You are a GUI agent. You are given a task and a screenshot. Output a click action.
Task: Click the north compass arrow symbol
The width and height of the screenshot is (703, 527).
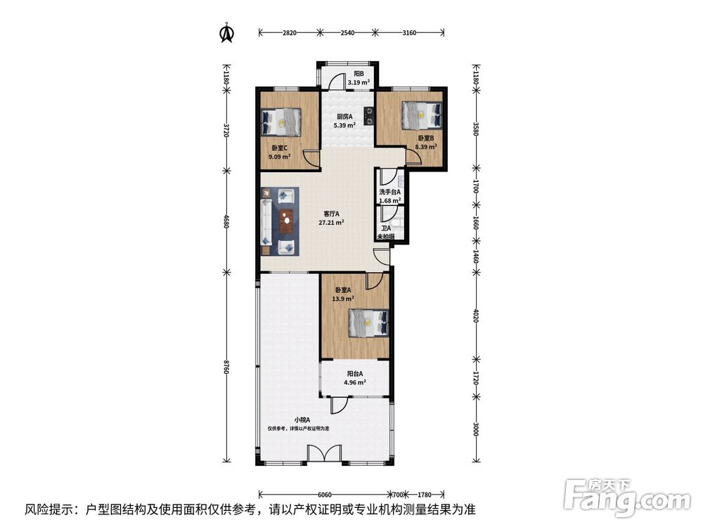pos(227,33)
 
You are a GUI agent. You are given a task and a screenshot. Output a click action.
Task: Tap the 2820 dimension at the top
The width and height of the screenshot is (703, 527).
pos(290,32)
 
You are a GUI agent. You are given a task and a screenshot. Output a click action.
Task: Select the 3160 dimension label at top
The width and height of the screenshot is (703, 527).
pos(409,32)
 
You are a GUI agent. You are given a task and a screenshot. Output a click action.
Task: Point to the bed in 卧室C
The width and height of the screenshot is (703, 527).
pos(280,122)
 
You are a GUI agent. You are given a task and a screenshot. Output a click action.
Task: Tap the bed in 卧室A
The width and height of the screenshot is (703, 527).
pos(368,323)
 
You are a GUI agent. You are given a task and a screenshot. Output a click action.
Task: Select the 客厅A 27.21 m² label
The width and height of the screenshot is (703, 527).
pos(331,218)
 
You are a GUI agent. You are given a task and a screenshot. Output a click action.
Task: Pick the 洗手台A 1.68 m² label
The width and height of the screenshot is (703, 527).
pos(389,196)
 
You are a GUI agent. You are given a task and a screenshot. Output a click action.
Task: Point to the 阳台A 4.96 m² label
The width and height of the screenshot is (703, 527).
pos(355,378)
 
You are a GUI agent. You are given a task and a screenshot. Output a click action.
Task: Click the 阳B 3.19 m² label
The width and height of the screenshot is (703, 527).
pos(359,77)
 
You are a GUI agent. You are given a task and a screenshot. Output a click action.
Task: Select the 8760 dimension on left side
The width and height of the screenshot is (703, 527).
pos(226,367)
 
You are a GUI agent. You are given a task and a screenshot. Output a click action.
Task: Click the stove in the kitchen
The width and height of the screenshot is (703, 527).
pos(368,115)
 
